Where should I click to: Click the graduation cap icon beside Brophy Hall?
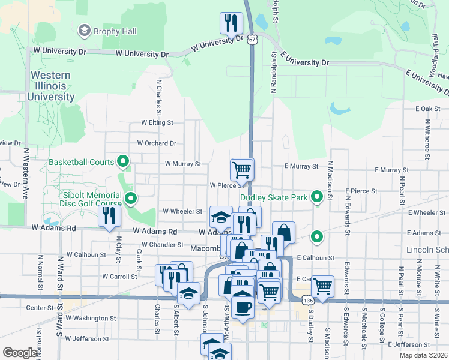tap(84, 31)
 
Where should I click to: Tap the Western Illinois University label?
tap(50, 86)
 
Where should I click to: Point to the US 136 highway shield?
tap(307, 299)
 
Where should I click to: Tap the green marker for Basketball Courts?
tap(123, 161)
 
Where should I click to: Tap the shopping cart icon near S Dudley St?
tap(323, 286)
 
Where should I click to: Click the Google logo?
tap(20, 352)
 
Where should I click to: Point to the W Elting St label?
tap(157, 122)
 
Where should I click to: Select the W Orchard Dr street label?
tap(156, 143)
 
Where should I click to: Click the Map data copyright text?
tap(423, 355)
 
